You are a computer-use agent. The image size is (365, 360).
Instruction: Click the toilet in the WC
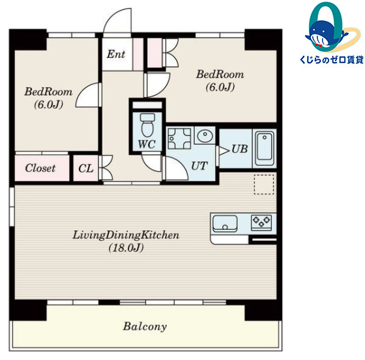pos(147,125)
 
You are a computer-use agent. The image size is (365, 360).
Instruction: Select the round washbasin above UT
pos(205,135)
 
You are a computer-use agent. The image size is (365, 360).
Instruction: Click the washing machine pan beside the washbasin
pos(179,139)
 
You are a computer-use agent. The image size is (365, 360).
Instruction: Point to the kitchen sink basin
pos(225,223)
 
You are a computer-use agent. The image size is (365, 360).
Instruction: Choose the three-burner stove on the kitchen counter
pos(261,221)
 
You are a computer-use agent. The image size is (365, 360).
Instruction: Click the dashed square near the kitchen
pos(264,184)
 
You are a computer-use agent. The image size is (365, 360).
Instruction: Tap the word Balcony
pos(145,326)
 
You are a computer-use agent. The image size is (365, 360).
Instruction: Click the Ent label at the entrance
pos(116,54)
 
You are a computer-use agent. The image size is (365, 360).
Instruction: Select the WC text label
pos(147,144)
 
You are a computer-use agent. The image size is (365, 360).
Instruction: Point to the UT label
pos(199,166)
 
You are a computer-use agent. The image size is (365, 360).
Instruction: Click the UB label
pos(240,149)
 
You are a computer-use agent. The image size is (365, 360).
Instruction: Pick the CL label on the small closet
pos(86,169)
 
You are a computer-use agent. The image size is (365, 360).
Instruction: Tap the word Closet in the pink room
pos(40,168)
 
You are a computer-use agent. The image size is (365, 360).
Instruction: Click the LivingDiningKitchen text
pos(126,235)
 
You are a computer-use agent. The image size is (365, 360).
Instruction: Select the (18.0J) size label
pos(126,248)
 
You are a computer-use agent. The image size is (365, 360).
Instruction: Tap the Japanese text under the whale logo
pos(332,60)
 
